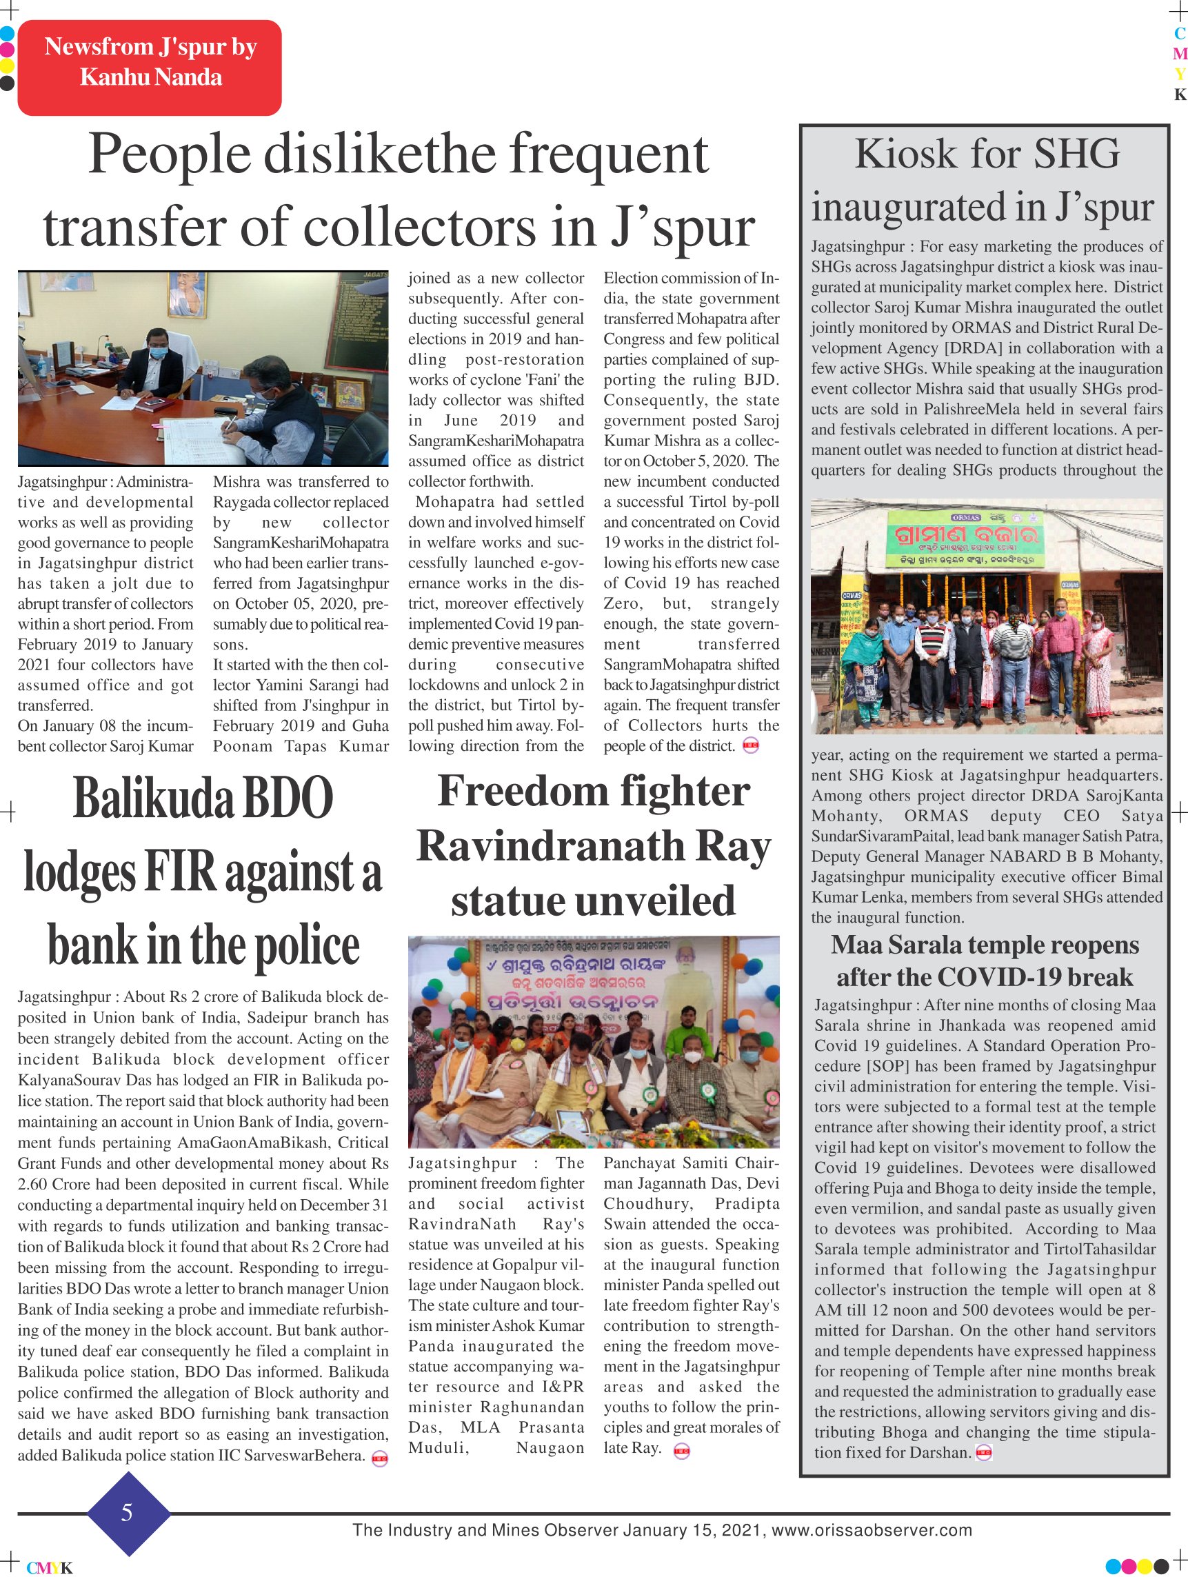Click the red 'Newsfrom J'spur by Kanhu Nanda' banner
click(x=149, y=67)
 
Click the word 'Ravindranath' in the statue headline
click(x=550, y=847)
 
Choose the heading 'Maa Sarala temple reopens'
click(x=984, y=945)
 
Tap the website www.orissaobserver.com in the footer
click(x=872, y=1530)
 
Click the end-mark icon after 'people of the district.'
click(x=750, y=745)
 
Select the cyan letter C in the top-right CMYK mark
click(x=1180, y=34)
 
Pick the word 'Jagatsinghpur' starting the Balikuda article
click(x=64, y=996)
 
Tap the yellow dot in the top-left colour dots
click(x=7, y=66)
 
